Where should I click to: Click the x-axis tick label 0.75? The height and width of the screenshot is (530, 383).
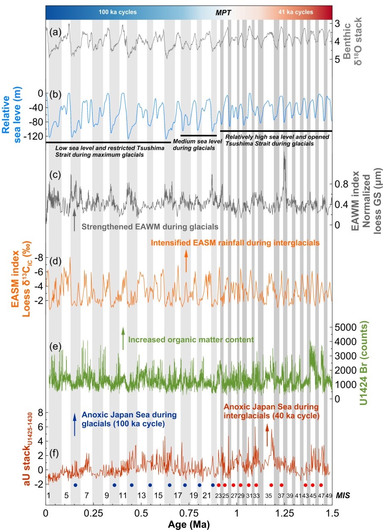click(189, 513)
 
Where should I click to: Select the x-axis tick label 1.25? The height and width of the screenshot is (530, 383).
click(284, 513)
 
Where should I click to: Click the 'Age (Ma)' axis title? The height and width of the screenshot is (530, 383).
click(188, 523)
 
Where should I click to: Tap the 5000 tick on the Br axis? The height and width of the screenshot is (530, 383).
click(346, 327)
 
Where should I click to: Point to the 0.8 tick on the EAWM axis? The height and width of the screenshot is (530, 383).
click(342, 184)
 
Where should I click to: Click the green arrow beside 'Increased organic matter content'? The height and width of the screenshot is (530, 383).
click(123, 338)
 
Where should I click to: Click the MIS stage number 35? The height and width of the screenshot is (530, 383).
click(268, 495)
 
